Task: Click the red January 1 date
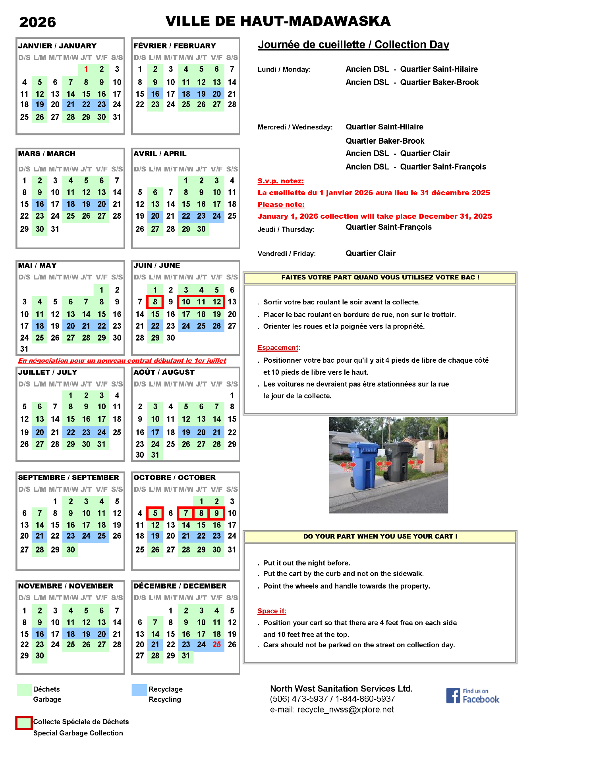point(86,69)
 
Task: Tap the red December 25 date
point(216,645)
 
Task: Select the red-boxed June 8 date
point(155,302)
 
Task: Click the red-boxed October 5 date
point(155,513)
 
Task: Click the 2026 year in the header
point(37,22)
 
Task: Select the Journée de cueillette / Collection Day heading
point(353,45)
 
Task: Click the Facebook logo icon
point(453,695)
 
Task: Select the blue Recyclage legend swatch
point(139,690)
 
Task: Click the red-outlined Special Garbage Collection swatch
point(24,723)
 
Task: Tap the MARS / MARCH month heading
point(47,154)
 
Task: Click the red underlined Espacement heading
point(278,348)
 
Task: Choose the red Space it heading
point(272,611)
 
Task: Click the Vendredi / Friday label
point(286,254)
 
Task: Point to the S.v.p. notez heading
point(280,181)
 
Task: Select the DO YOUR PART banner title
point(380,537)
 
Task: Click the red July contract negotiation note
point(122,360)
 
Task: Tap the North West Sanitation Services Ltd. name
point(341,689)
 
